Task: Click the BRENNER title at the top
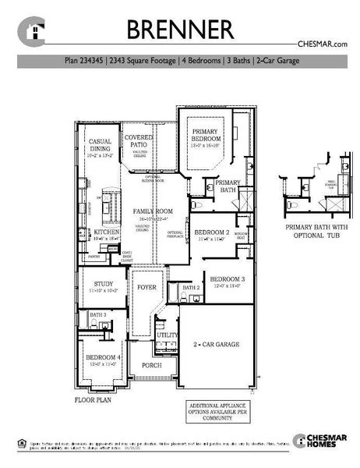tap(180, 30)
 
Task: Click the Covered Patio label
tap(139, 141)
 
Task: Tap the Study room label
tap(103, 286)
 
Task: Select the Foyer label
tap(146, 287)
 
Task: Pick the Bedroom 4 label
tap(102, 360)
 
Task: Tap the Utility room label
tap(167, 335)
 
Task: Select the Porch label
tap(151, 365)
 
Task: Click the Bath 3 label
tap(98, 315)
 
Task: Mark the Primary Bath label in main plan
tap(228, 186)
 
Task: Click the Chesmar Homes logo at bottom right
tap(318, 441)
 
